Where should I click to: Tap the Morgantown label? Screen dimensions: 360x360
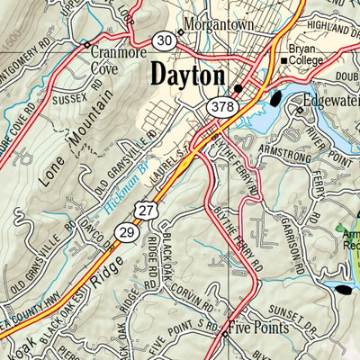point(218,23)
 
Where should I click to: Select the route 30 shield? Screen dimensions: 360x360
point(164,40)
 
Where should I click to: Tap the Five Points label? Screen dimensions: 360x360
point(258,328)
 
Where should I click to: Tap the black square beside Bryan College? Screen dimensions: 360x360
point(283,61)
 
